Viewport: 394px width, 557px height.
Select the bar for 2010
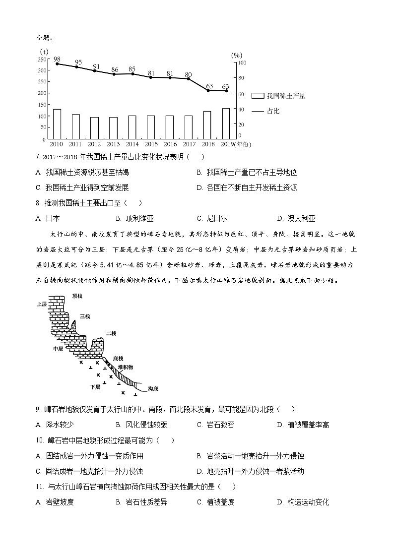[57, 124]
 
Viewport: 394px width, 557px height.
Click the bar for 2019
[226, 123]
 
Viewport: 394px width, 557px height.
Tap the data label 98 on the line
[57, 59]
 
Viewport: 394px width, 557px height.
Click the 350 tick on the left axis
[41, 59]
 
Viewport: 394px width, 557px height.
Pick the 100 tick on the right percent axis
[241, 63]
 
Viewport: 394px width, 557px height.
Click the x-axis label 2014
[132, 144]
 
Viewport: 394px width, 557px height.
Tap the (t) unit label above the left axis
[44, 52]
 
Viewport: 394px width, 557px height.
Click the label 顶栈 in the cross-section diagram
[76, 296]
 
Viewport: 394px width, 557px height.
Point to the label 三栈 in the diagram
[85, 316]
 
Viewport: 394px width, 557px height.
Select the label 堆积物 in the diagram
[126, 367]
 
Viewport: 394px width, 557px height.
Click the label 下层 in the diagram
[95, 386]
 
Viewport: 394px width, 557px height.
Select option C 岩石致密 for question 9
[215, 425]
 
